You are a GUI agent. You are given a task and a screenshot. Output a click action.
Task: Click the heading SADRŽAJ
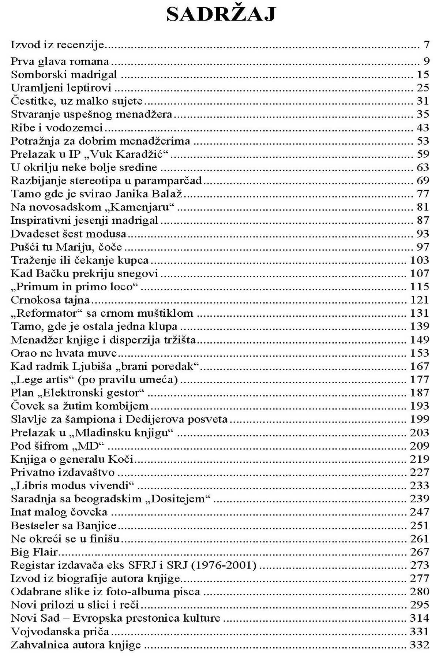tap(221, 15)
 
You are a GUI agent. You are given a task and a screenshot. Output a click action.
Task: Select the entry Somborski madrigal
tap(64, 75)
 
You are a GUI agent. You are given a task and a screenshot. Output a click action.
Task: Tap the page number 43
tap(423, 128)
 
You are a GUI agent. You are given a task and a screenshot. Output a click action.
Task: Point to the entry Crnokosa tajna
tap(50, 300)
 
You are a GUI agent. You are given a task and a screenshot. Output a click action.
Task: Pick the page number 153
tap(419, 353)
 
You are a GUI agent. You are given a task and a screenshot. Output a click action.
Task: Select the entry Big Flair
tap(34, 552)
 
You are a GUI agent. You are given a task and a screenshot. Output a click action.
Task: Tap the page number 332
tap(419, 645)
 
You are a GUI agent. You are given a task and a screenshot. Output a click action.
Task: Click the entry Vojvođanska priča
tap(60, 632)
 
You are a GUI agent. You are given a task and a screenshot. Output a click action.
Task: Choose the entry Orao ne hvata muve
tap(64, 353)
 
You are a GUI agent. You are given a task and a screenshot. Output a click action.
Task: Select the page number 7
tap(426, 45)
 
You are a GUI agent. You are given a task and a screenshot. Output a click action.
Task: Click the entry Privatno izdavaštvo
tap(63, 472)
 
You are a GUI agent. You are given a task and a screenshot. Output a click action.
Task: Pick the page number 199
tap(419, 419)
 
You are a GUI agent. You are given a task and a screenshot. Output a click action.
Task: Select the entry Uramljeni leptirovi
tap(61, 88)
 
